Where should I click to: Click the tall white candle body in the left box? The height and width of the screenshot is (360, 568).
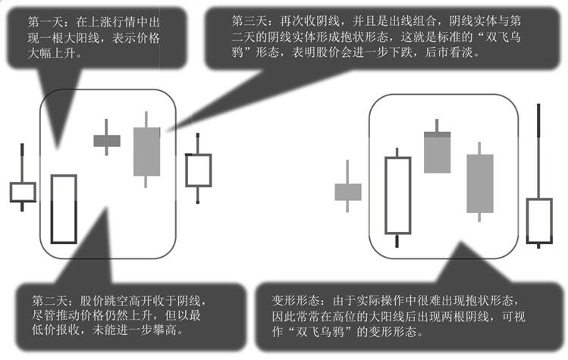pyautogui.click(x=64, y=209)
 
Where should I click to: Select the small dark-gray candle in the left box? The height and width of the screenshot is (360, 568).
pyautogui.click(x=107, y=140)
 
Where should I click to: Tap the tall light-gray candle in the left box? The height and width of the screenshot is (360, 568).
pyautogui.click(x=146, y=152)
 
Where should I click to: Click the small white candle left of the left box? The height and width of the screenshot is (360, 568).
pyautogui.click(x=23, y=192)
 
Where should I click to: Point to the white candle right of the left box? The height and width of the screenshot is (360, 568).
pyautogui.click(x=199, y=171)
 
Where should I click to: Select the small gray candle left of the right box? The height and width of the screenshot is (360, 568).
pyautogui.click(x=348, y=192)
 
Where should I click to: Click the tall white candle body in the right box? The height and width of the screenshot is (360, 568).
pyautogui.click(x=397, y=196)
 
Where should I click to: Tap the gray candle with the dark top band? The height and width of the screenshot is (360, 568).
pyautogui.click(x=438, y=152)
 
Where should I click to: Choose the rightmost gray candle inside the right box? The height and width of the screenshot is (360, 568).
pyautogui.click(x=480, y=183)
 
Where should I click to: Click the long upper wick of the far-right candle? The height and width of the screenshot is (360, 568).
pyautogui.click(x=538, y=151)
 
